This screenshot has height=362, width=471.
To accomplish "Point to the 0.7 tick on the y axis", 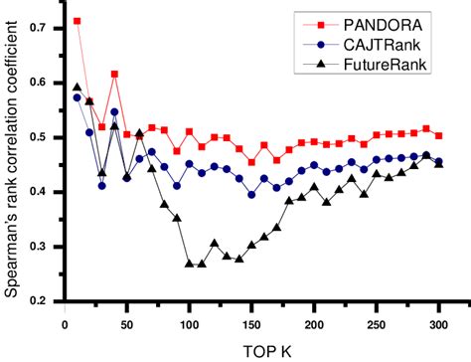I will tap(38, 28).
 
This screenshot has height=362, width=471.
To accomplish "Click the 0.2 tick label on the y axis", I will tap(38, 300).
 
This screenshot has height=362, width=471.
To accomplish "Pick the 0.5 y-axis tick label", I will tap(38, 137).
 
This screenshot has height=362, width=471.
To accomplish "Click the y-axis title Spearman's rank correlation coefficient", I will tap(12, 164).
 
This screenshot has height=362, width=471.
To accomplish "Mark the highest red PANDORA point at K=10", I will tap(78, 21).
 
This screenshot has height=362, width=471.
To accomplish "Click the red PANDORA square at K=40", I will tap(115, 74).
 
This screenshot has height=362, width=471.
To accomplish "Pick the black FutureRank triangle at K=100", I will tap(189, 264).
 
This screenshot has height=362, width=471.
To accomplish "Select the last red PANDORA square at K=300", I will tap(438, 135).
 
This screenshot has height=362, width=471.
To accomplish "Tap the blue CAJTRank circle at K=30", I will tap(102, 185).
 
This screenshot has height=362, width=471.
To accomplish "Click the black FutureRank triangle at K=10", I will tap(78, 88).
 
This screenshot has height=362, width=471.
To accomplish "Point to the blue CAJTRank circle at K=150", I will tap(251, 194).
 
